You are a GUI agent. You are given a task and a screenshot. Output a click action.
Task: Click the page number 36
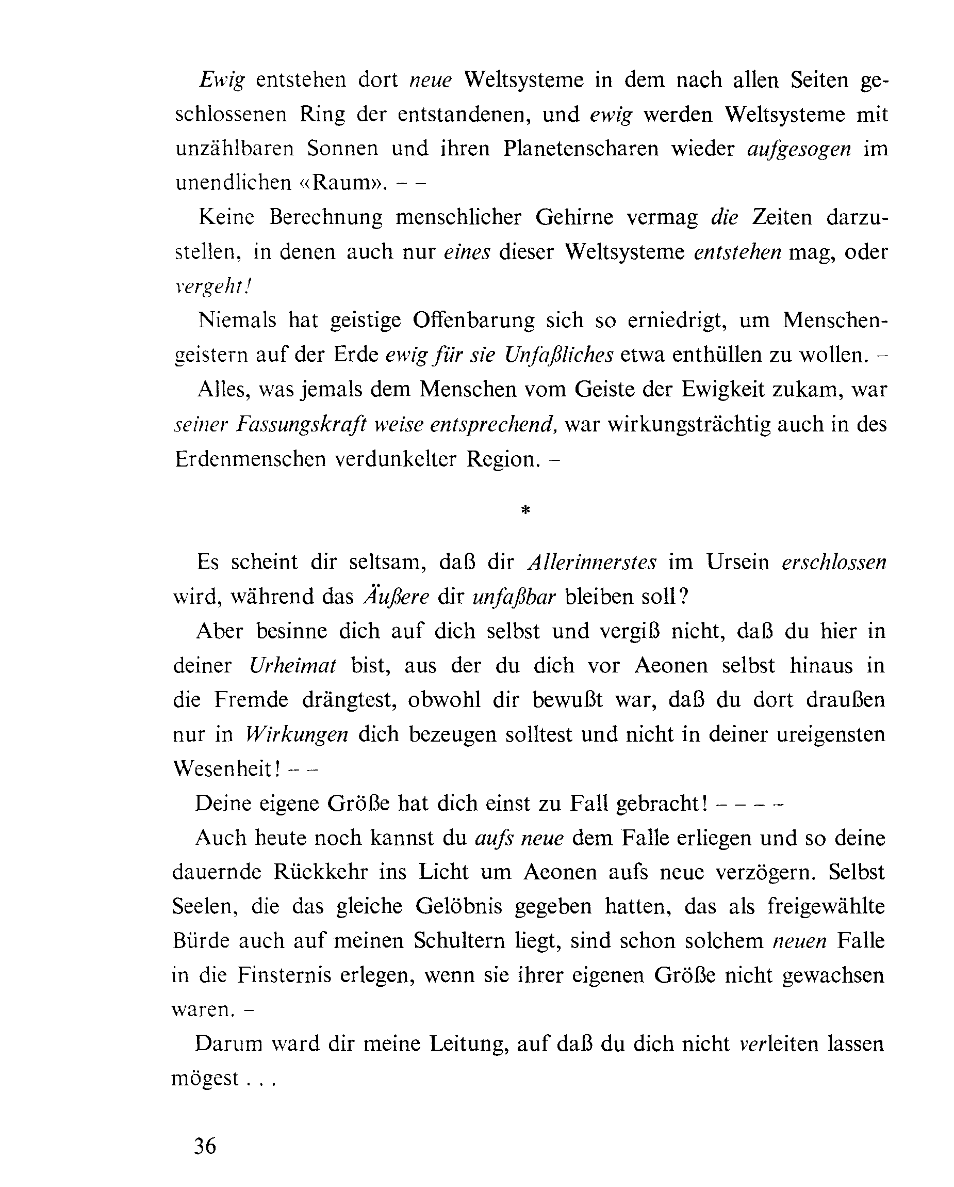(205, 1146)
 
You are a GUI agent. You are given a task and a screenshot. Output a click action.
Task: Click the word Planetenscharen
(581, 149)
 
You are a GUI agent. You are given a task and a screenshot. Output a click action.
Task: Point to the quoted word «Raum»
(340, 183)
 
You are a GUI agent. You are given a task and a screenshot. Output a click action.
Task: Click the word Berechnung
(326, 218)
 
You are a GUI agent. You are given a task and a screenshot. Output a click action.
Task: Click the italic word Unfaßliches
(558, 355)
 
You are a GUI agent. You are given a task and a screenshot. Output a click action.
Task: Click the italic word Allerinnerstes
(592, 563)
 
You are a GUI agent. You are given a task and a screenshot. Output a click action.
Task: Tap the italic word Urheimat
(293, 666)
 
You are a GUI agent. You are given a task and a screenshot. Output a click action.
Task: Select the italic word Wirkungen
(297, 735)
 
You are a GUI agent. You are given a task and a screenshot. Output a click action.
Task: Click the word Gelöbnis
(459, 907)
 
